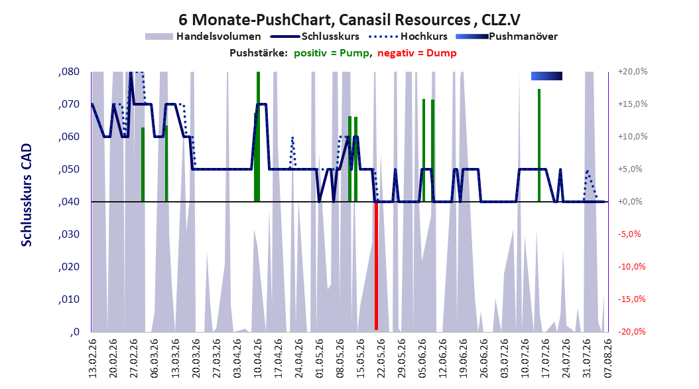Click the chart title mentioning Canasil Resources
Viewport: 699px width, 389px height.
349,19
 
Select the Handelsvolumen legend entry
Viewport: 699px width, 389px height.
203,37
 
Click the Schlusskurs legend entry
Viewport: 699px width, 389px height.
315,37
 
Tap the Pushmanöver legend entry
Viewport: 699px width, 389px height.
507,37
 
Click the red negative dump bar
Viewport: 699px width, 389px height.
376,266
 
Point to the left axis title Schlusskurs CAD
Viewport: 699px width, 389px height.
27,195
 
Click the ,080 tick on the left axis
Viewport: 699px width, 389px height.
69,72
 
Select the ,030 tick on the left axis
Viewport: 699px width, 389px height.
69,234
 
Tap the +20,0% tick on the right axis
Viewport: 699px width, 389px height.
632,72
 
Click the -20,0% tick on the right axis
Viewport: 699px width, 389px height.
631,331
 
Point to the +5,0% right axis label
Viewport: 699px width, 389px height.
630,169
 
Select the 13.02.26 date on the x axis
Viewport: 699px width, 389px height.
92,358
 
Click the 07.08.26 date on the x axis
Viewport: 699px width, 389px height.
607,358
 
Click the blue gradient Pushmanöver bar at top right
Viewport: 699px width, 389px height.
546,76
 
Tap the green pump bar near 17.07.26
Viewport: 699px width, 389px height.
539,145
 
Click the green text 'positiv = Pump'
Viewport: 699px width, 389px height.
332,53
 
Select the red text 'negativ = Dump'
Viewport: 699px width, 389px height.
417,53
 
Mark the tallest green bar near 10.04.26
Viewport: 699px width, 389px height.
258,137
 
